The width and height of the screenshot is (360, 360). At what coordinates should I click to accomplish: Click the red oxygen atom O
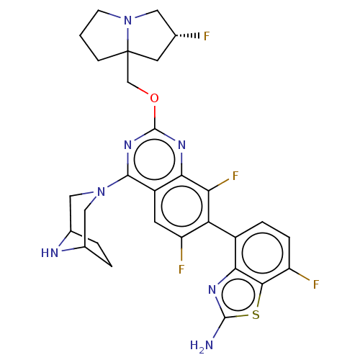154,98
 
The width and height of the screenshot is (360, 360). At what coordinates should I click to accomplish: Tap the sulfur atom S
256,315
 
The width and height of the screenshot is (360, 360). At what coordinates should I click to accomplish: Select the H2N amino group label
202,346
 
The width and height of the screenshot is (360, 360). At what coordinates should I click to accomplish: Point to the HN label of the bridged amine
50,253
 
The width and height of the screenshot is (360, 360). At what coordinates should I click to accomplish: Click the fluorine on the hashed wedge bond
207,37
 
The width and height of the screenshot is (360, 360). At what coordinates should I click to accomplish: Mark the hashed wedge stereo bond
187,35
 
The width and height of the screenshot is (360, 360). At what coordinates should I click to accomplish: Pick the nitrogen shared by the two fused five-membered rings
128,21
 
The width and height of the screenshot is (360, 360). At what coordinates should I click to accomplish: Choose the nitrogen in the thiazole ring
212,289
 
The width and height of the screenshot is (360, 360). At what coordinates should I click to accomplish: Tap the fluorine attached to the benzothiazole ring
316,284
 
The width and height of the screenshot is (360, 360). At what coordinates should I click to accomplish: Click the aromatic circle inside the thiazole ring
238,294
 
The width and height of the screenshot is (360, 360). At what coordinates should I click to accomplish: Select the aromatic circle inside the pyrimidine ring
155,159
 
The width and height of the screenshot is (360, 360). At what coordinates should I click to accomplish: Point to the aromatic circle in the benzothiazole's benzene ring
263,253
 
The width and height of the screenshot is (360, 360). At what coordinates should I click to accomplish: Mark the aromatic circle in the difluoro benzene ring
181,206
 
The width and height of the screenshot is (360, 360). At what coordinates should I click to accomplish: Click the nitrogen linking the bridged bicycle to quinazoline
102,192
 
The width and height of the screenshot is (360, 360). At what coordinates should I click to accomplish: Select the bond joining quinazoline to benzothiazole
222,230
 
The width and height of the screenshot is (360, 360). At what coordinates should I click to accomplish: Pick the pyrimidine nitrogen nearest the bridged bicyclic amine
128,145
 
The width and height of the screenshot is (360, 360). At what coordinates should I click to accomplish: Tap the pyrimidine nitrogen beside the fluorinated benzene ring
181,145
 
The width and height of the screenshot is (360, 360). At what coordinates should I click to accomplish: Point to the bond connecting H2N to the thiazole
219,328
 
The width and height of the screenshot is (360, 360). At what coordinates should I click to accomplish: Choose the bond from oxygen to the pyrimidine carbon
155,117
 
